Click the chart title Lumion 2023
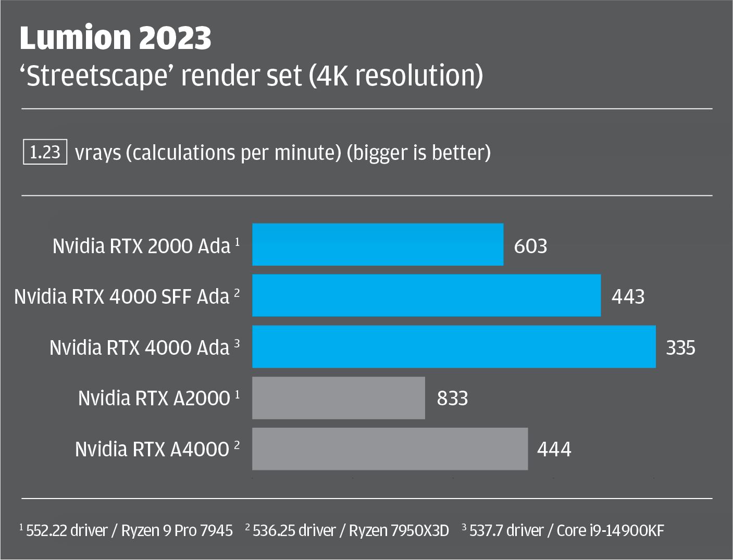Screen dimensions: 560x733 [x=115, y=38]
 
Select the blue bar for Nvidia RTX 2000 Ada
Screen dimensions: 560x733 [x=378, y=245]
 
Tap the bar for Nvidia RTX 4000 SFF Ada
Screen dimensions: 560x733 [x=426, y=295]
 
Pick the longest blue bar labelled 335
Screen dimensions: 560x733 [x=454, y=346]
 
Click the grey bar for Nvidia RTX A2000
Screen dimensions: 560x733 [x=339, y=398]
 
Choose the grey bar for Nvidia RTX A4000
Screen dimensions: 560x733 [x=390, y=449]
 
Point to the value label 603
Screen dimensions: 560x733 [x=530, y=246]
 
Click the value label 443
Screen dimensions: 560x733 [x=628, y=296]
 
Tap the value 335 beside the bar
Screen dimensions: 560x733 [x=680, y=347]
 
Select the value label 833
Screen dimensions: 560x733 [x=452, y=399]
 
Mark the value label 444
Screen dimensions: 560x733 [x=554, y=449]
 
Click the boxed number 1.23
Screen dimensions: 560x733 [x=45, y=152]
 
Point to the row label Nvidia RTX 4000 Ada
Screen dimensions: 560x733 [x=140, y=347]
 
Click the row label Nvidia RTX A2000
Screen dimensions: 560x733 [x=154, y=398]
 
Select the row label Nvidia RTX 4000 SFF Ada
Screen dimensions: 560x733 [x=122, y=296]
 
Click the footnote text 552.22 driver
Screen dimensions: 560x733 [x=67, y=531]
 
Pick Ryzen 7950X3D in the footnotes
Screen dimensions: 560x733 [x=399, y=531]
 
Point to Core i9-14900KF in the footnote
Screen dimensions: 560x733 [x=610, y=531]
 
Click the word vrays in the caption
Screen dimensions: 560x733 [x=98, y=153]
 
